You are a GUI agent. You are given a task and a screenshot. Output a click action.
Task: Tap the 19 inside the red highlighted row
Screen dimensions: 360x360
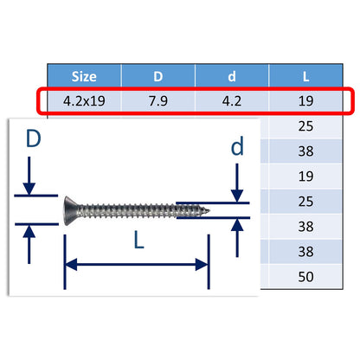(305, 101)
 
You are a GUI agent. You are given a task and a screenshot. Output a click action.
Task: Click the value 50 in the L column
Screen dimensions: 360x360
(305, 278)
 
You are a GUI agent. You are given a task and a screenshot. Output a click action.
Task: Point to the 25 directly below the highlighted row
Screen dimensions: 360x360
(305, 126)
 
